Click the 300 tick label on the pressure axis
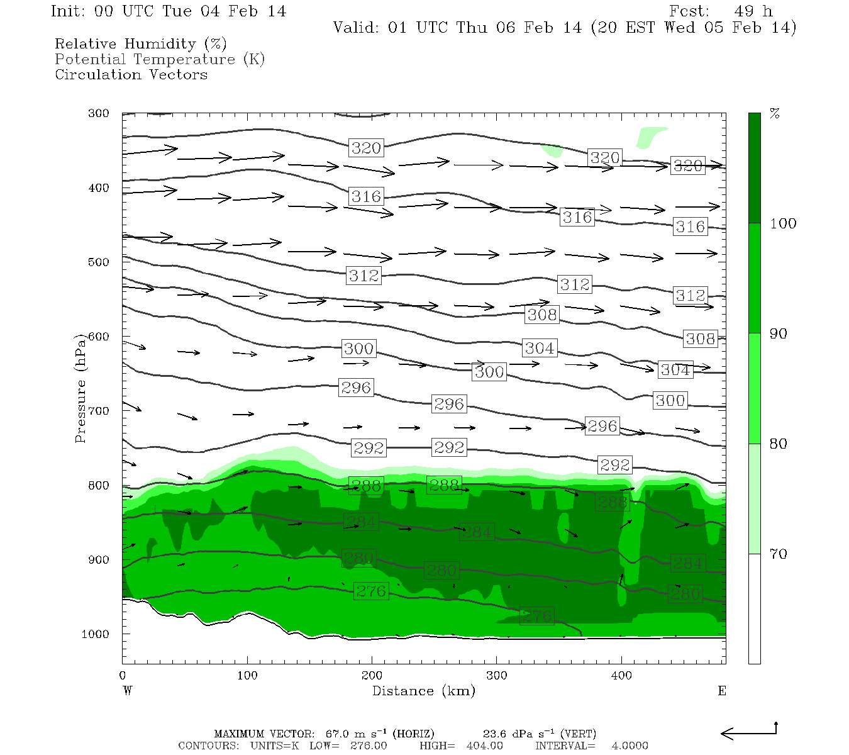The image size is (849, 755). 99,113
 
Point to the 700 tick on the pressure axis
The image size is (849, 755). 99,411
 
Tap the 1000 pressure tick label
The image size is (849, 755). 96,634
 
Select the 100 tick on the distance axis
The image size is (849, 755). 247,675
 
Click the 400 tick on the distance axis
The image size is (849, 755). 621,675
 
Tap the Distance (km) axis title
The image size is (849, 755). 423,691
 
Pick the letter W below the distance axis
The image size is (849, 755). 127,691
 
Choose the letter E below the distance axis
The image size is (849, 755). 721,691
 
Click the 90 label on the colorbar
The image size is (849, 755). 778,333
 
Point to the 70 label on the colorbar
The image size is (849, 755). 778,554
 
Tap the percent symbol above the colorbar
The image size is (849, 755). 775,114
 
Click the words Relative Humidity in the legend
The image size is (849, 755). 125,44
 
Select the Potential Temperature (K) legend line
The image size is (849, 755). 160,59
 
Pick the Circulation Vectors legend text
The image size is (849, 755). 131,74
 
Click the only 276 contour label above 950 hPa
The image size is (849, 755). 371,591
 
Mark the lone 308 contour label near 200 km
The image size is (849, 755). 542,314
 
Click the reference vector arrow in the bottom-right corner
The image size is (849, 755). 748,732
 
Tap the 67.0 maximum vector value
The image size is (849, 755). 337,734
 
